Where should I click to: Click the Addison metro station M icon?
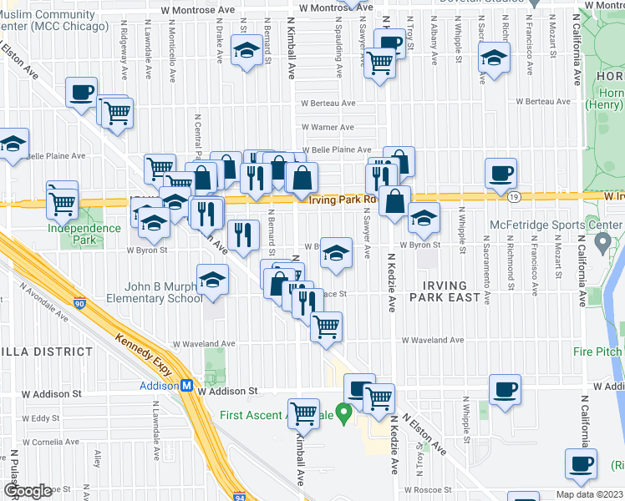(x=188, y=386)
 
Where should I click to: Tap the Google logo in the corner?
(x=28, y=491)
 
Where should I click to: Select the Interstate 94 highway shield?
(x=239, y=494)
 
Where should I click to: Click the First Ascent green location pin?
(x=342, y=413)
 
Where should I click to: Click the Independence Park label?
(x=84, y=228)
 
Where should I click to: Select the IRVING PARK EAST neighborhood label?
(x=445, y=291)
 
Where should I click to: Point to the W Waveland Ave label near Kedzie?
(x=432, y=341)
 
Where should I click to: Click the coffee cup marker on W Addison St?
(x=505, y=389)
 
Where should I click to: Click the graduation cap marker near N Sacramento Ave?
(x=494, y=58)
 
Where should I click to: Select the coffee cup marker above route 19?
(x=501, y=174)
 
